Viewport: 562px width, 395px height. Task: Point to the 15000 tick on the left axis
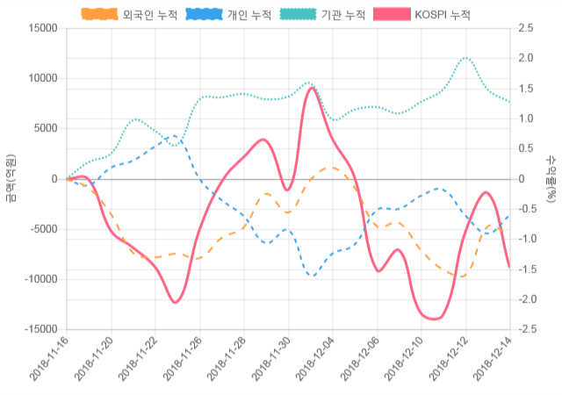[x=39, y=28]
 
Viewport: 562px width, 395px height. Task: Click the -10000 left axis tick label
[x=37, y=279]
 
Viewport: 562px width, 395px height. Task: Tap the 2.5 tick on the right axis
[x=527, y=28]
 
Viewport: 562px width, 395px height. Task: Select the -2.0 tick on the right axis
[x=529, y=299]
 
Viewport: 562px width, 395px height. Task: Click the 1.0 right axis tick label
[x=527, y=118]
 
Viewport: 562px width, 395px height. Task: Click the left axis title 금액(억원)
[x=11, y=178]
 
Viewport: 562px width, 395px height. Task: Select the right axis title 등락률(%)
[x=551, y=178]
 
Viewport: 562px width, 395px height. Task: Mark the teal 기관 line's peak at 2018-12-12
[x=465, y=58]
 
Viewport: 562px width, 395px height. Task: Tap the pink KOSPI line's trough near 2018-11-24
[x=176, y=303]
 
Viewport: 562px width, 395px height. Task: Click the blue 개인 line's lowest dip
[x=312, y=276]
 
